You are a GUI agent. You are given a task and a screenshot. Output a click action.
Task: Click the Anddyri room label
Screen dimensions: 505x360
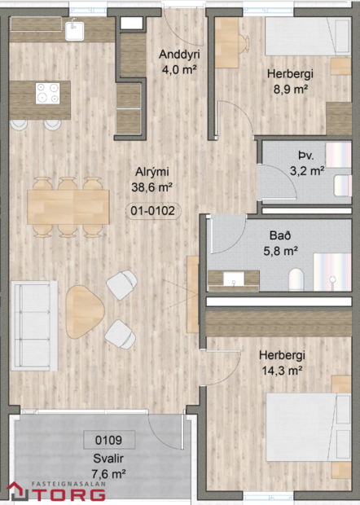click(179, 55)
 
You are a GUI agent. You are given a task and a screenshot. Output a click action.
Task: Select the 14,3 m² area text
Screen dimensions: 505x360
click(281, 370)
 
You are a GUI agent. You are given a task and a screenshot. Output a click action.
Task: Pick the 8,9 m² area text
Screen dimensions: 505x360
click(290, 88)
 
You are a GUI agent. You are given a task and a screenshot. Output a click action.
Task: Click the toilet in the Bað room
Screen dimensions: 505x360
click(296, 277)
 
